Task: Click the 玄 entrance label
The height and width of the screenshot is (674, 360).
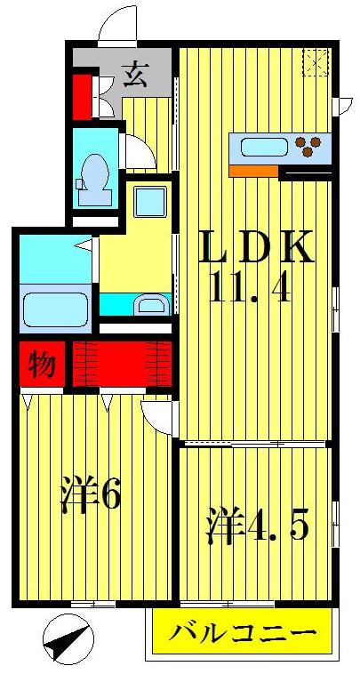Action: click(135, 75)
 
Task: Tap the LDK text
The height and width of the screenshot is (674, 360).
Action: click(254, 248)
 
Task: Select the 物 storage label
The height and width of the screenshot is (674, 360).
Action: click(40, 365)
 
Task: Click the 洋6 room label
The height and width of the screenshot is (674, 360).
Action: click(90, 495)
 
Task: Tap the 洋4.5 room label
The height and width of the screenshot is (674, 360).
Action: click(259, 526)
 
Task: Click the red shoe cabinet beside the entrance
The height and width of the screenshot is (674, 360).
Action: click(83, 97)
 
